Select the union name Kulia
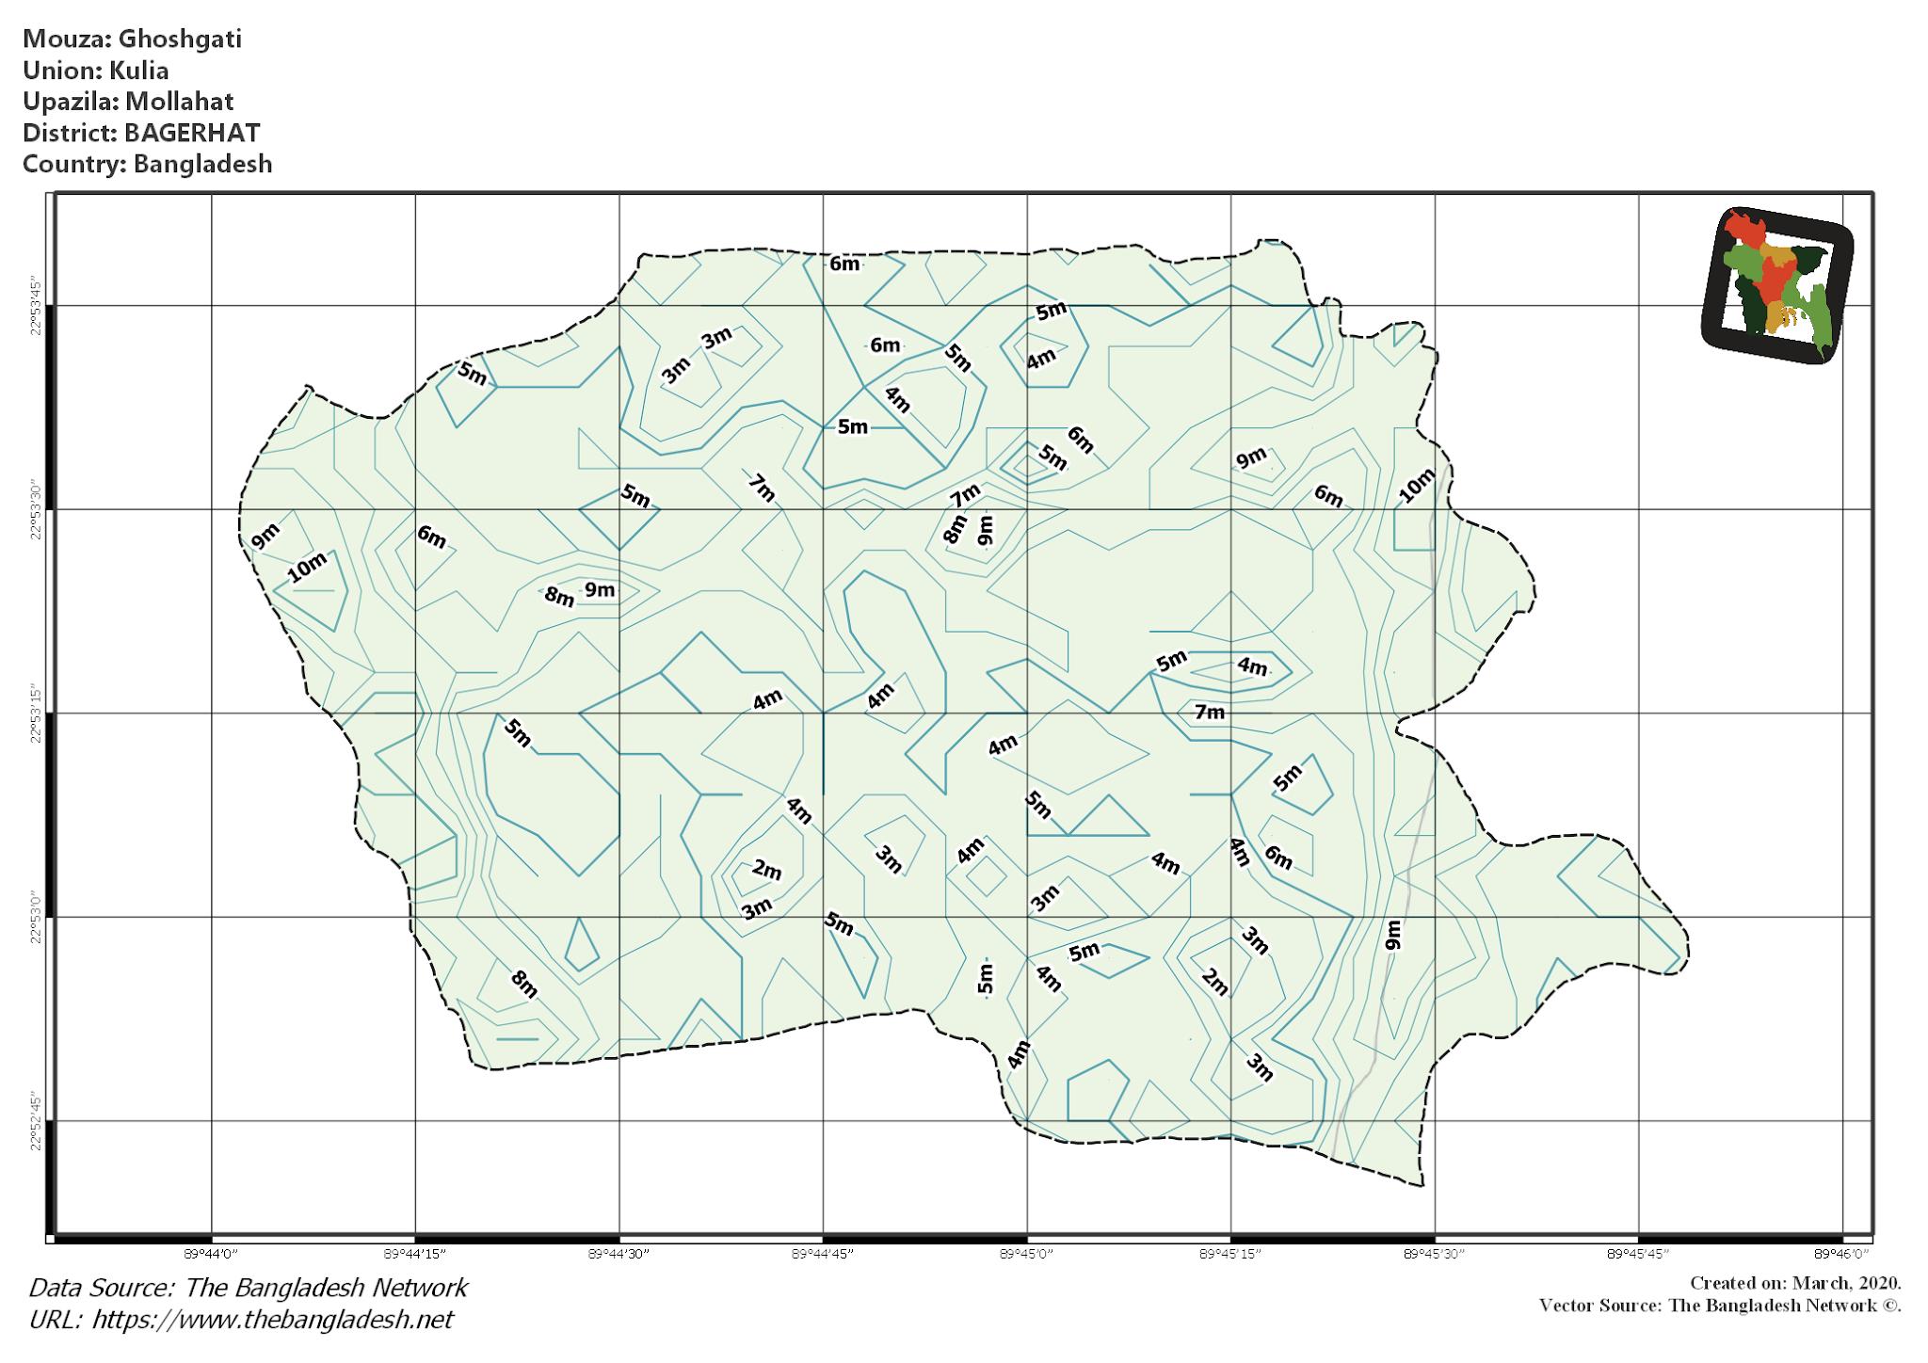point(138,71)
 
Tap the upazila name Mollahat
point(179,102)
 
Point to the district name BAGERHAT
point(192,133)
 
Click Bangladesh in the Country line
point(202,164)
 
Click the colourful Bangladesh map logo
point(1776,285)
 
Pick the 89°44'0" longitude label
point(211,1254)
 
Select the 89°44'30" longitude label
point(619,1254)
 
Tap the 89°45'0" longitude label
point(1026,1254)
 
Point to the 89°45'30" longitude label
point(1434,1254)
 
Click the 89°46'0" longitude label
point(1841,1254)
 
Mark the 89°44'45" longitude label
point(823,1254)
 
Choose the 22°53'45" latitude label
point(36,306)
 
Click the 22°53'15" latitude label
point(36,714)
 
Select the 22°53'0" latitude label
point(36,917)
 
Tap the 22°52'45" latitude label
point(36,1121)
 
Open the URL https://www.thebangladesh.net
point(272,1320)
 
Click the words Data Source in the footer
point(101,1288)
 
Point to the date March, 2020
point(1846,1283)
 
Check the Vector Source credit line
point(1720,1306)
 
